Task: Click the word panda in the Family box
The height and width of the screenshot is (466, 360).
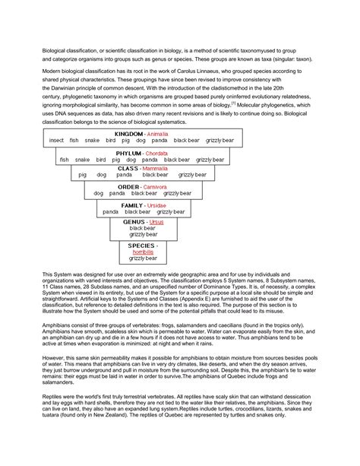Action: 110,212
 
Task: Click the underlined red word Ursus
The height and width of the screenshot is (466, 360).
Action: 156,221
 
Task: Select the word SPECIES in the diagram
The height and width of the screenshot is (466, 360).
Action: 142,246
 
